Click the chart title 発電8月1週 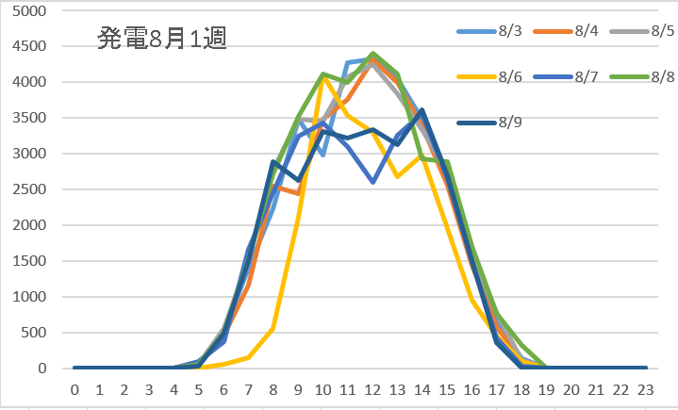coord(162,40)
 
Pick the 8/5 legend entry coord(650,32)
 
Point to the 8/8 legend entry coord(650,77)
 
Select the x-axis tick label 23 coord(644,388)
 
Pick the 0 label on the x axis coord(74,388)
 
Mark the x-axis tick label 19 coord(545,388)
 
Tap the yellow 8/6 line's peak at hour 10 coord(322,78)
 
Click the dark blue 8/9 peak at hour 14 coord(422,110)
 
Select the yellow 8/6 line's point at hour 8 coord(273,329)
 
